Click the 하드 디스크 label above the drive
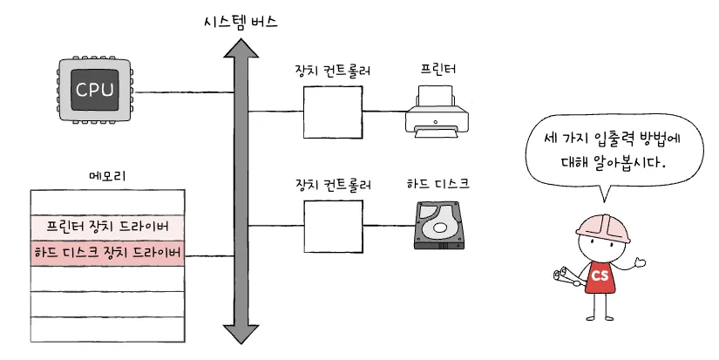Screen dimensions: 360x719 (x=438, y=184)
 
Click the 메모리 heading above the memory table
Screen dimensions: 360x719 (x=108, y=176)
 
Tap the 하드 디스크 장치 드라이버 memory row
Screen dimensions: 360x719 (x=108, y=254)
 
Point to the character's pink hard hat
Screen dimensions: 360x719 (x=602, y=225)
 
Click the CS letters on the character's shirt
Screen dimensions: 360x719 (x=600, y=275)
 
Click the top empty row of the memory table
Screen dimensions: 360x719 (x=108, y=202)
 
